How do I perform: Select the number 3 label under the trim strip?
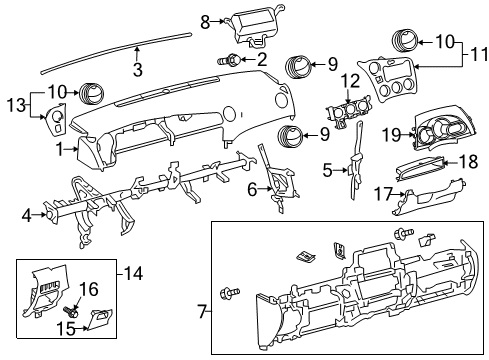pos(138,68)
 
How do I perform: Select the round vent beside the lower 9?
pos(291,138)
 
